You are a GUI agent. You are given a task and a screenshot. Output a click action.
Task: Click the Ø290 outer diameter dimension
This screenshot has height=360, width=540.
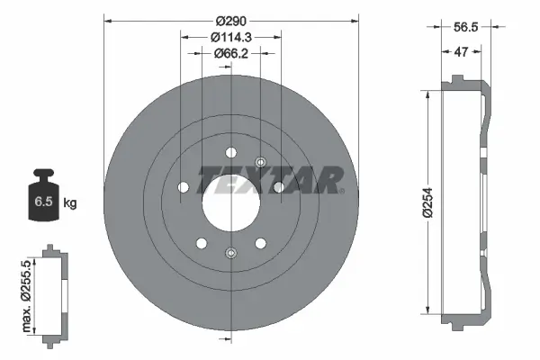(x=230, y=19)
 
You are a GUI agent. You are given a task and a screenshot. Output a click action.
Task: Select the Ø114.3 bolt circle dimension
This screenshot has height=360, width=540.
(x=230, y=37)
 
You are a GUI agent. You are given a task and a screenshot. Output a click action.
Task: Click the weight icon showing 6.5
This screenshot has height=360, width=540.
(x=41, y=195)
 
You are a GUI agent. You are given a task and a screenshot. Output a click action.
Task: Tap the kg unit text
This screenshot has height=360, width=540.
(x=69, y=203)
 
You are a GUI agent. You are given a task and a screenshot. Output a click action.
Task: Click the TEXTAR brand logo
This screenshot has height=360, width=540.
(x=269, y=179)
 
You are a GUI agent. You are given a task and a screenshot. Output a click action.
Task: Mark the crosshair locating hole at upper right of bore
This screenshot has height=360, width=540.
(x=260, y=162)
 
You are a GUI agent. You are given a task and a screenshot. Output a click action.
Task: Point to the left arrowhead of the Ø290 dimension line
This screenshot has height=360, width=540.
(x=108, y=19)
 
